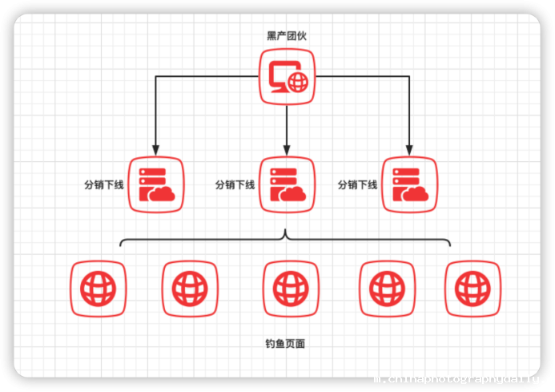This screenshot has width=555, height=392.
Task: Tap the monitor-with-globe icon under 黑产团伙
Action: tap(287, 77)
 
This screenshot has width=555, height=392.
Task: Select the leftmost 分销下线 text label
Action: tap(104, 184)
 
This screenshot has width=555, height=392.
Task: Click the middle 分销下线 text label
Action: tap(235, 184)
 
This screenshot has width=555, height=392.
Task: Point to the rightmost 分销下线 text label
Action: tap(357, 184)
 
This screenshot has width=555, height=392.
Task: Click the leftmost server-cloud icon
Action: tap(156, 184)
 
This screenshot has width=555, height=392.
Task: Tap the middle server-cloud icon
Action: tap(287, 184)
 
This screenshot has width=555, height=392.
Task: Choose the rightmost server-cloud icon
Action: tap(409, 184)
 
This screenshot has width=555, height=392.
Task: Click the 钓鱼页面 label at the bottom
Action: tap(285, 343)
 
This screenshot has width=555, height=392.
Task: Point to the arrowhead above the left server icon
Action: tap(156, 149)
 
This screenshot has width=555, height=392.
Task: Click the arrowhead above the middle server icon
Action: tap(287, 149)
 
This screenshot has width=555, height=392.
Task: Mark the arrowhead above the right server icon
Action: tap(409, 149)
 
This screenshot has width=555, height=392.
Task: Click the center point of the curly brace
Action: tap(286, 235)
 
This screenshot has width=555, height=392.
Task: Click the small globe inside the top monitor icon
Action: tap(298, 81)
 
